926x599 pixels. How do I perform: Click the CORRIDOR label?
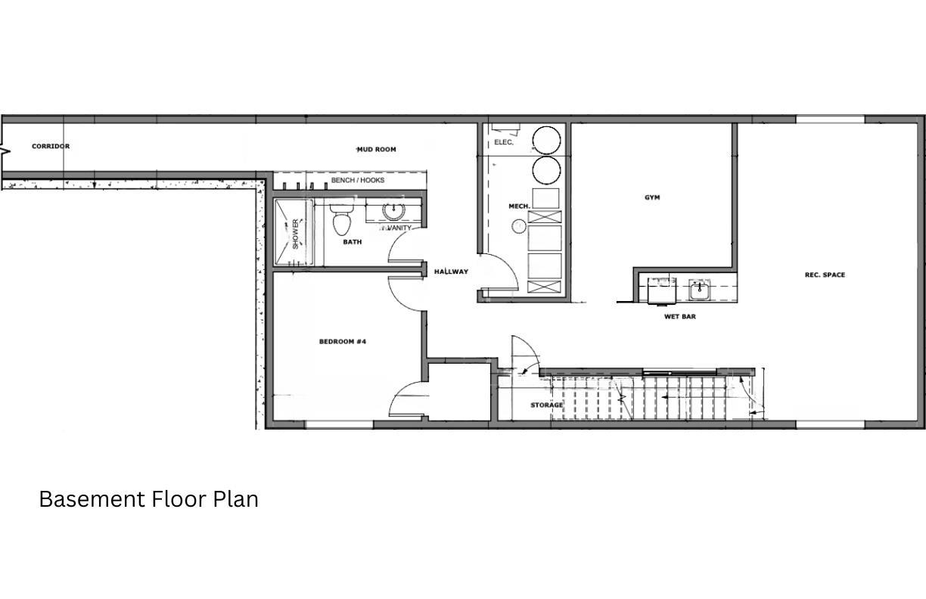(51, 146)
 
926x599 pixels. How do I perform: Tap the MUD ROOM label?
(376, 149)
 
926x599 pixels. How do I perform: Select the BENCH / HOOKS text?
(357, 180)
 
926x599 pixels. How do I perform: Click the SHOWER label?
(295, 233)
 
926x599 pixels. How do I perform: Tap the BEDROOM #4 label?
(342, 342)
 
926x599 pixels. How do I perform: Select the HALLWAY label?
(451, 272)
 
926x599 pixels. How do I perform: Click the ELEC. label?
(504, 142)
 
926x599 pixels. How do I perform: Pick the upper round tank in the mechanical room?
(545, 140)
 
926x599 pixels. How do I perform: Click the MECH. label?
(519, 206)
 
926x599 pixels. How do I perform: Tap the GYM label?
(652, 197)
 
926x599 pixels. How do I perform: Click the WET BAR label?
(679, 316)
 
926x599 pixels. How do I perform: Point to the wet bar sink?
(699, 289)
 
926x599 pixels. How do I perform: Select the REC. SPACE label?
(825, 275)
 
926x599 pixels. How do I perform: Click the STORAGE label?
(546, 405)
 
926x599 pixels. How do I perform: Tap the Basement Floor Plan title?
(148, 499)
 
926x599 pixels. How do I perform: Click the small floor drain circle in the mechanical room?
(519, 225)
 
